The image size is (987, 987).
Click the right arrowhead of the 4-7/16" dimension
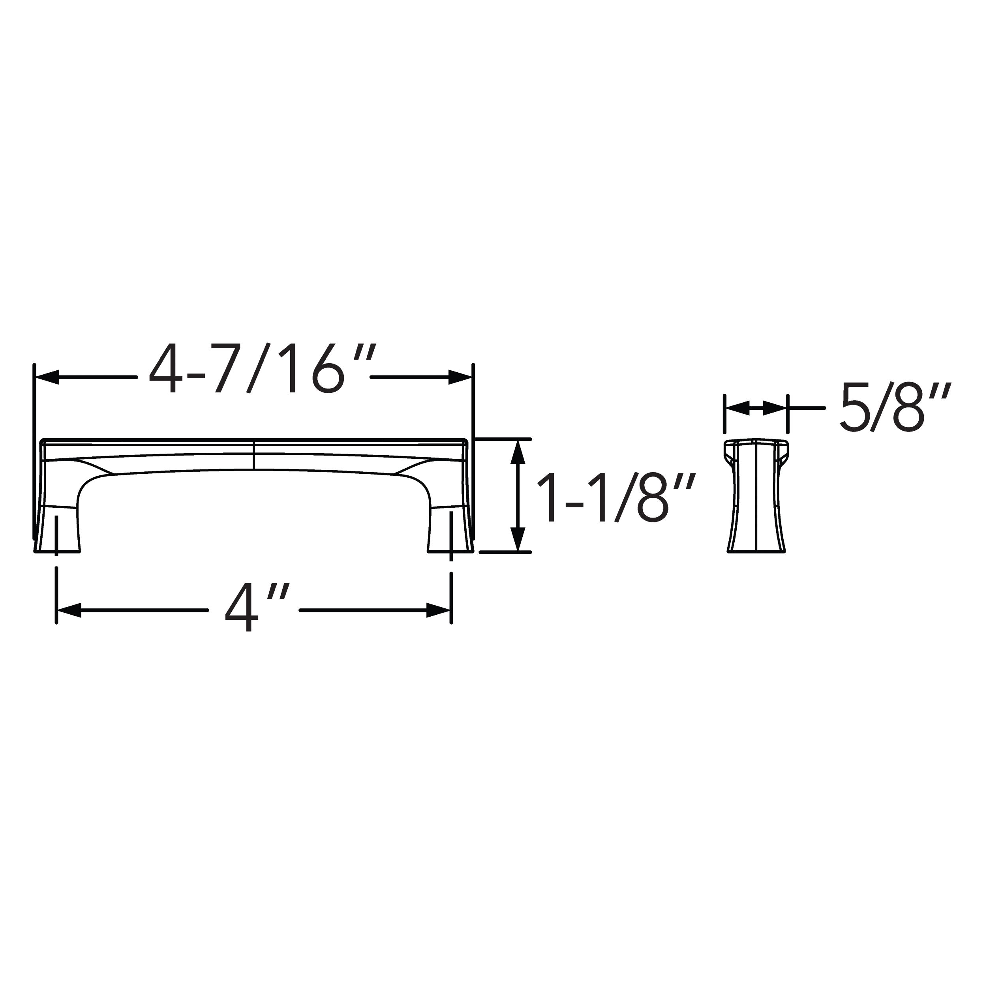tap(460, 377)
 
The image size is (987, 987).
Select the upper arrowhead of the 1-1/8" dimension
tap(518, 452)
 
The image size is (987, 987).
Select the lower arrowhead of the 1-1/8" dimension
tap(518, 539)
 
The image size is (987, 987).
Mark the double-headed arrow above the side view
tap(756, 408)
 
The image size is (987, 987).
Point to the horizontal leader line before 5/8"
tap(807, 408)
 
